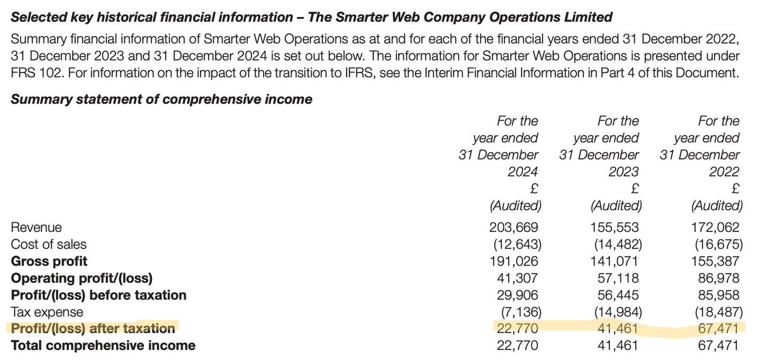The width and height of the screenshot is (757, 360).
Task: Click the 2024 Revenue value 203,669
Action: pos(513,227)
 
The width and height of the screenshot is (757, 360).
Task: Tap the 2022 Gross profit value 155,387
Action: pos(715,261)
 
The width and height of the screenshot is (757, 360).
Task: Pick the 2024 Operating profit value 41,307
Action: pos(517,278)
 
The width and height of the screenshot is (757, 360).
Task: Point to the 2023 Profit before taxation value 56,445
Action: pos(618,295)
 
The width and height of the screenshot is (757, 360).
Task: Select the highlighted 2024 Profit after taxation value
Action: pos(517,328)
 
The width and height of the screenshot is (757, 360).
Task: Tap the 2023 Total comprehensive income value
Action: pos(618,345)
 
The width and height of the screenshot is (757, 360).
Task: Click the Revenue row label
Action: pos(36,227)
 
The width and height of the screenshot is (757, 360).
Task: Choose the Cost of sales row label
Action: pos(49,244)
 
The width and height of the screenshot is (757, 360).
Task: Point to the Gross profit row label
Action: pos(49,261)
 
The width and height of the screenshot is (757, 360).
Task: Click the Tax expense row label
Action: pos(47,312)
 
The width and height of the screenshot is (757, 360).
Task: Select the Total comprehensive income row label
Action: pos(103,345)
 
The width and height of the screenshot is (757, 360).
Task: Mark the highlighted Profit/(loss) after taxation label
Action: pos(93,328)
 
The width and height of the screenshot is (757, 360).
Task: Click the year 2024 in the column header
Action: pos(522,171)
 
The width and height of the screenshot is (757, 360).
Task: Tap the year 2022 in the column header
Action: pos(724,171)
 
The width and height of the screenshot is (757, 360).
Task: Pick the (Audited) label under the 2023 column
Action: pos(616,206)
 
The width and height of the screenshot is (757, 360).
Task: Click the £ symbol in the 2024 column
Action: pos(534,189)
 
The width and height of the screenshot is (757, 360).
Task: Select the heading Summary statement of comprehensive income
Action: pos(161,99)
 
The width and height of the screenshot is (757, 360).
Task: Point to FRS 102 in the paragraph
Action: pos(37,73)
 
